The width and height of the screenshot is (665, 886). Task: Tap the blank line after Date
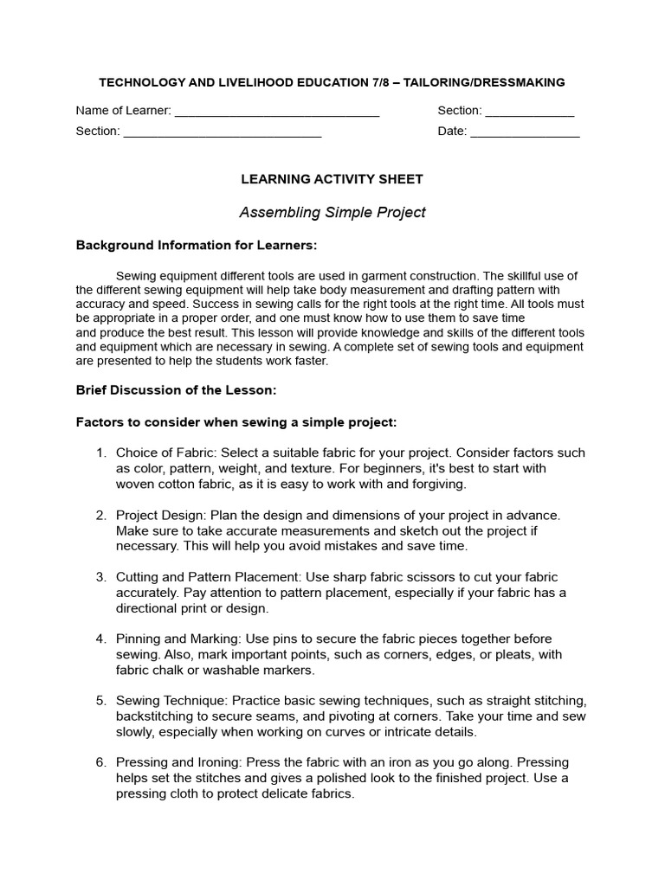tap(525, 133)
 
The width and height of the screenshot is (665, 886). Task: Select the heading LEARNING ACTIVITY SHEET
tap(332, 179)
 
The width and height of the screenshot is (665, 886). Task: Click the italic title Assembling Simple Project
tap(332, 212)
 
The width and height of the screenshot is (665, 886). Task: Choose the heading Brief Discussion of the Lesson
tap(176, 390)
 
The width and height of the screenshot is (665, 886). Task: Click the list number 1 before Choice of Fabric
tap(100, 453)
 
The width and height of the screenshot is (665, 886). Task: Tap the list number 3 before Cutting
tap(100, 577)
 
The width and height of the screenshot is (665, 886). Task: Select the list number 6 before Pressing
tap(100, 762)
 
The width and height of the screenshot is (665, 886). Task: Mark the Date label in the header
tap(451, 132)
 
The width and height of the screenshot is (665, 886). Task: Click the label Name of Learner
tap(123, 111)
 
